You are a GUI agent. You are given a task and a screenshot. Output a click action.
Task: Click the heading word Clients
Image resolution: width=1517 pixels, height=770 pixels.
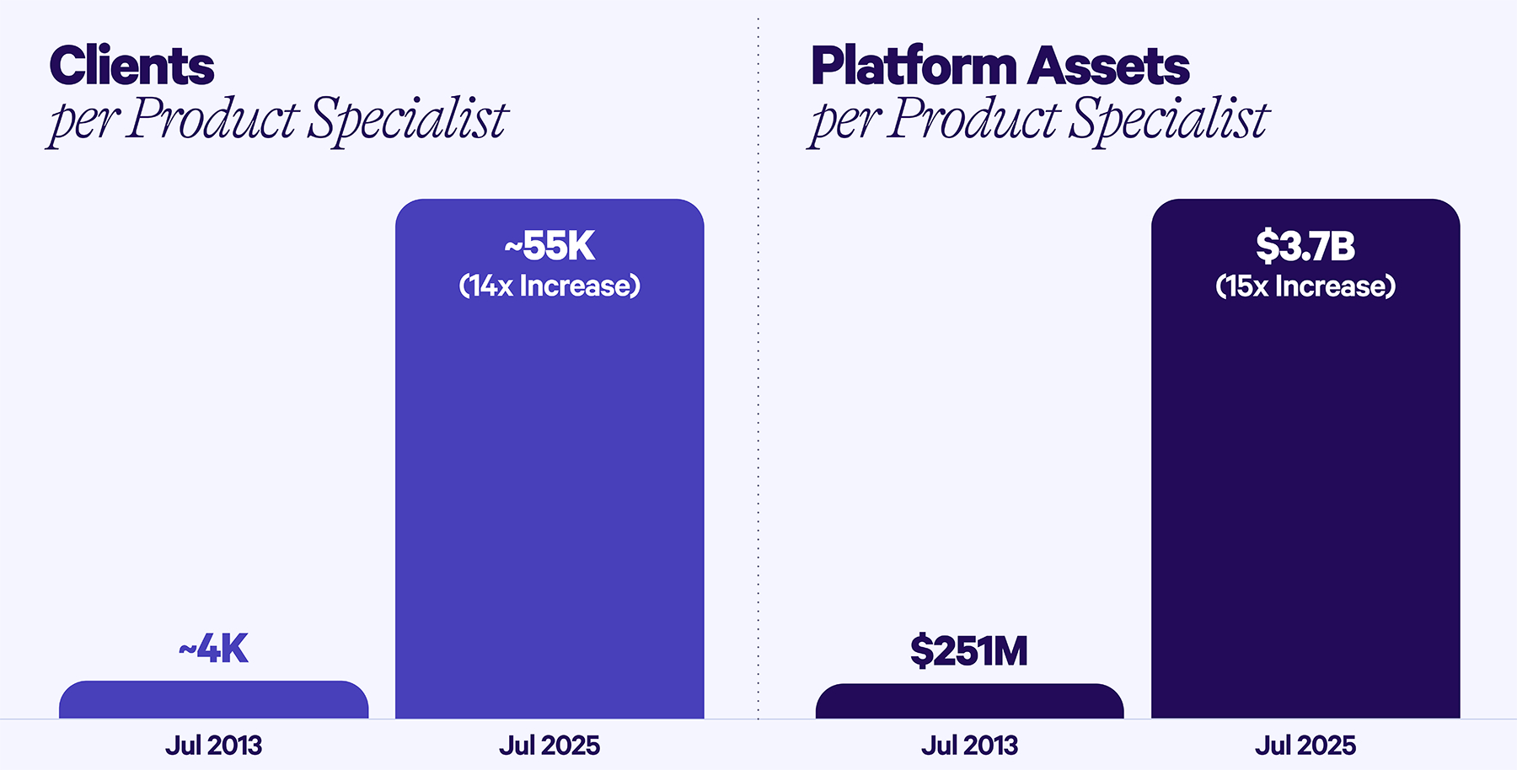click(x=132, y=66)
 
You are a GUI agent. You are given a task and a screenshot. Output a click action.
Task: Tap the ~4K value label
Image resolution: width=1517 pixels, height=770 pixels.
click(x=214, y=649)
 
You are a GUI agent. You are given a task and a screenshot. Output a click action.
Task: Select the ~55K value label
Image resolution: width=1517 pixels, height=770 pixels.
click(x=549, y=246)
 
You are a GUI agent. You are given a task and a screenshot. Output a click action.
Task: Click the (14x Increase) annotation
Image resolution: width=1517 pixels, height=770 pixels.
click(x=549, y=286)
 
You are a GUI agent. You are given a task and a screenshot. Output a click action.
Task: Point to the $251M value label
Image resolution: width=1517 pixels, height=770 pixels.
click(x=969, y=651)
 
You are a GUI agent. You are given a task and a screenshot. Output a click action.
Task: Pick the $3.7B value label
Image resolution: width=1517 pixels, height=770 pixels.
click(x=1305, y=246)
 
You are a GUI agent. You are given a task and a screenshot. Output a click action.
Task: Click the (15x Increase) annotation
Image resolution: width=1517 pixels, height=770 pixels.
click(x=1305, y=286)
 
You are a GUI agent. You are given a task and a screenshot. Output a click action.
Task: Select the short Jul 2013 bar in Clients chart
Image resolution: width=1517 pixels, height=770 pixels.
click(x=214, y=700)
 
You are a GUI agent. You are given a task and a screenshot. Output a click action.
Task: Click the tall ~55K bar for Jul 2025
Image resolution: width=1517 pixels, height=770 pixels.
click(x=549, y=505)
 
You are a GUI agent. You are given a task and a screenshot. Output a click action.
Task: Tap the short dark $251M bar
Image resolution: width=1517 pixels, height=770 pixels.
click(x=969, y=702)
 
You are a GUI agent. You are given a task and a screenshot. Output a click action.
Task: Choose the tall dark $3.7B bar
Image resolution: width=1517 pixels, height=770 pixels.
click(x=1305, y=505)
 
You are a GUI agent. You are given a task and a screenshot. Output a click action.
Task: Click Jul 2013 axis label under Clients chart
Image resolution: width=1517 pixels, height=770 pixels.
click(x=214, y=746)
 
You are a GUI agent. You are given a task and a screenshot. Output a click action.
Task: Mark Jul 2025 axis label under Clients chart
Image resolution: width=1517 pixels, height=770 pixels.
click(x=549, y=746)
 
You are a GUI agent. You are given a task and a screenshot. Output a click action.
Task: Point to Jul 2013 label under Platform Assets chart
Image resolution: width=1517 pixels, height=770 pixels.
click(x=969, y=746)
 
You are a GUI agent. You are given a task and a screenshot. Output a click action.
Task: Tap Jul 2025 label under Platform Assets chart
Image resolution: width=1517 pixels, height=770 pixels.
click(x=1305, y=746)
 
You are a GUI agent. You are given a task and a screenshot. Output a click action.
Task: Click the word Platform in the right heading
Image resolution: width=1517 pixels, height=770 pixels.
click(x=914, y=66)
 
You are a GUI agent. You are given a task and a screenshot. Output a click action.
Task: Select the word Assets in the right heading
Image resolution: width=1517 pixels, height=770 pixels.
click(x=1109, y=66)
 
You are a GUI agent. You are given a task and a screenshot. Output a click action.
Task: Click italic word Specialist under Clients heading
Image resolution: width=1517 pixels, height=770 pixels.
click(x=407, y=119)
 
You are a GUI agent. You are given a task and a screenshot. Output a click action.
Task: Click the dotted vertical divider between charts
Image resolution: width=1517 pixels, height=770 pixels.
click(x=758, y=379)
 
